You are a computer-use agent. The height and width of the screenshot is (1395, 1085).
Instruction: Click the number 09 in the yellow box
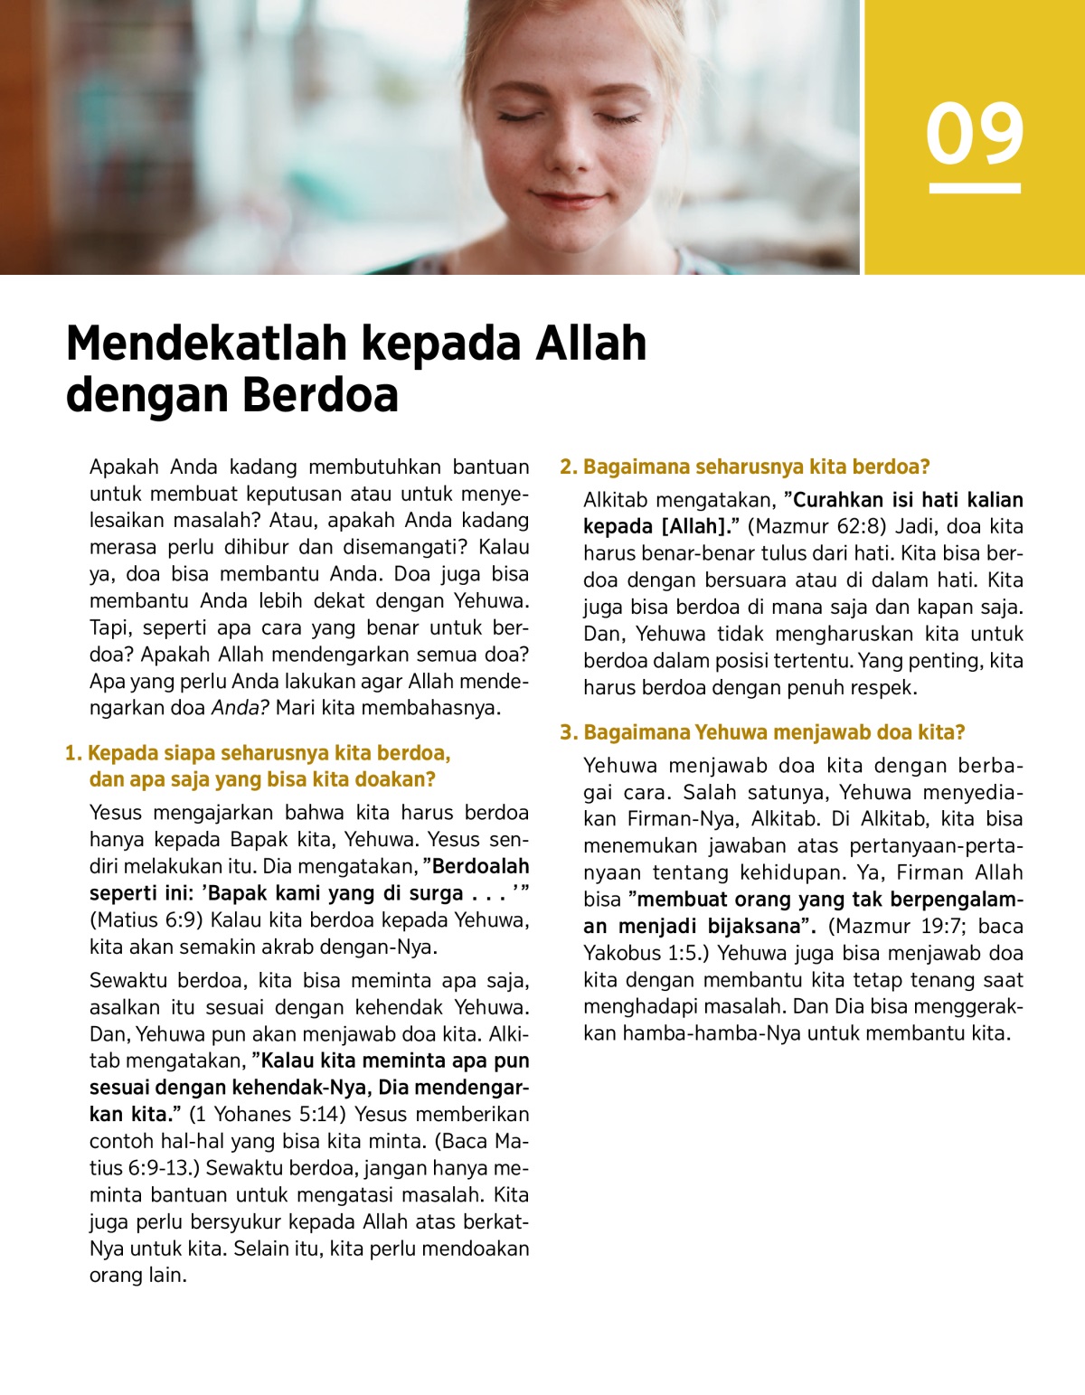click(x=975, y=134)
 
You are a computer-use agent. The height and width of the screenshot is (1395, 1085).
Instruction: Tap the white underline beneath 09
click(x=975, y=188)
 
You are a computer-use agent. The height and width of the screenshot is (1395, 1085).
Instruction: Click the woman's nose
click(x=567, y=154)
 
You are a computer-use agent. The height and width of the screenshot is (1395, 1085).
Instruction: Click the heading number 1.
click(x=72, y=753)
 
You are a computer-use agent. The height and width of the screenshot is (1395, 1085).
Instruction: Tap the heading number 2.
click(x=568, y=467)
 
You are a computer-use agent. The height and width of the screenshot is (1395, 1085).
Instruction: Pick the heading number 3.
click(x=568, y=732)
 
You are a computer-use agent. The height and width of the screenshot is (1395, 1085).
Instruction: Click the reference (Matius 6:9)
click(x=146, y=920)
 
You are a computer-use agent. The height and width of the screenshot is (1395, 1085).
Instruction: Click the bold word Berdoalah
click(x=480, y=866)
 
